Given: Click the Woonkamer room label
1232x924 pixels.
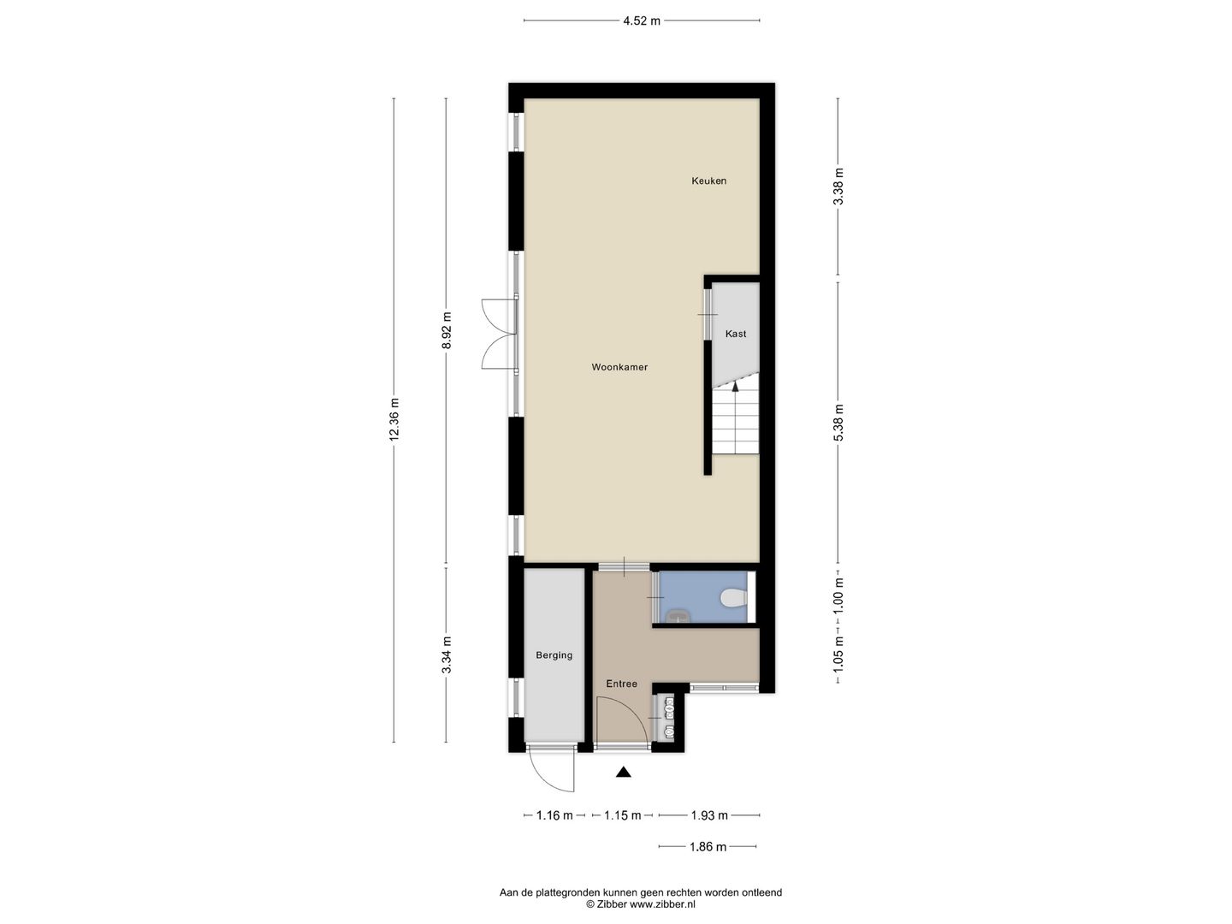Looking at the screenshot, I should pos(619,367).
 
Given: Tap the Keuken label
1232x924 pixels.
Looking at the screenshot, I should pos(708,181).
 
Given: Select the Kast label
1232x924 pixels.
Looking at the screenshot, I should pos(736,334).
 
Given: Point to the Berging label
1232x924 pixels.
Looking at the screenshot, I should pos(554,655).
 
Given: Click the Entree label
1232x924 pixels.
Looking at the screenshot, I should pos(622,684).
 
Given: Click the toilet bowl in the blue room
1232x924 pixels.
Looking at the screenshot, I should pos(732,597).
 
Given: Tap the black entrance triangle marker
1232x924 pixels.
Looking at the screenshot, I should pos(624,773).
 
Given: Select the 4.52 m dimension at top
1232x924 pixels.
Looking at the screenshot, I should pos(642,21).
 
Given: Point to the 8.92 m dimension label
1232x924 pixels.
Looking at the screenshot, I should pos(446,330).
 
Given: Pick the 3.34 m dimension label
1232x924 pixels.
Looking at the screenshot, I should pos(446,654).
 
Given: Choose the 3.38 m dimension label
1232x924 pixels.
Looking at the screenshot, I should pos(839,187).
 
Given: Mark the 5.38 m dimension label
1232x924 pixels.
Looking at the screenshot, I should pos(839,423).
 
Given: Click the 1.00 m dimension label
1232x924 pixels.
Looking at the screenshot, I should pos(839,595).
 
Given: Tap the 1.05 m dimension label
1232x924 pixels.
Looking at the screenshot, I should pos(839,655).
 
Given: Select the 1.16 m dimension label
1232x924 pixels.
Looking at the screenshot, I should pos(554,815).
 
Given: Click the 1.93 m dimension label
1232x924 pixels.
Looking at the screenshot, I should pos(709,815).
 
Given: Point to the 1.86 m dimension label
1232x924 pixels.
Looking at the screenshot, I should pos(708,847).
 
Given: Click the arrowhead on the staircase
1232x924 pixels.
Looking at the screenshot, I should pos(736,386).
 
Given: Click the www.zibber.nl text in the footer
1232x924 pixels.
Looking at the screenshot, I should pos(662,903).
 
